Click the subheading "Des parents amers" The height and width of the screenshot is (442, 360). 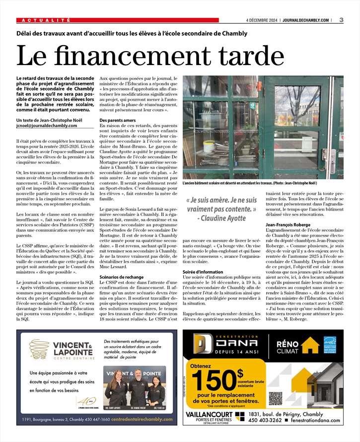pos(118,121)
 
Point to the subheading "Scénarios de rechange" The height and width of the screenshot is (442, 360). pos(122,277)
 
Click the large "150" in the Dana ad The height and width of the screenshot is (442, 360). pos(214,380)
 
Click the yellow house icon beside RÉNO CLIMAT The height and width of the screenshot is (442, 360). pos(310,345)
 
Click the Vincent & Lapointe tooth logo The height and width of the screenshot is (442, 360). pos(39,349)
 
